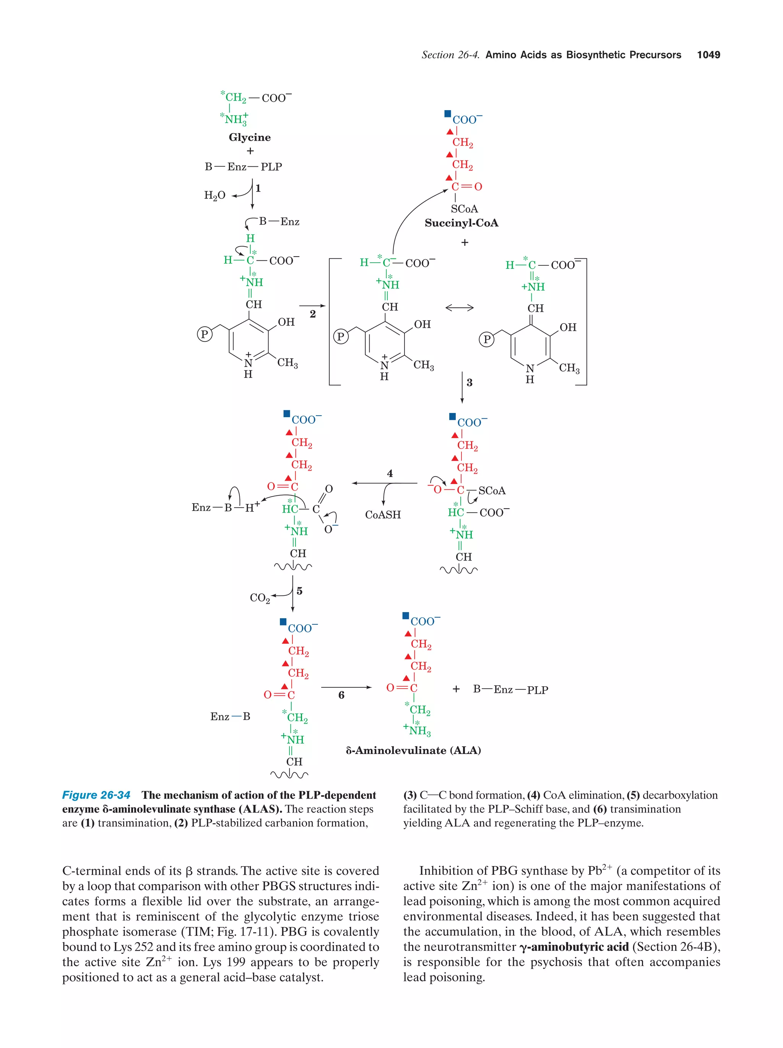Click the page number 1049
708,55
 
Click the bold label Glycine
250,137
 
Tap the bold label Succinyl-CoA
461,223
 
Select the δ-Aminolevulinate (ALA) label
413,751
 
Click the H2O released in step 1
214,196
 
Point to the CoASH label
383,515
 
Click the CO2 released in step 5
260,598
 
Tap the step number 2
313,314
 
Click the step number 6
341,695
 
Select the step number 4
390,473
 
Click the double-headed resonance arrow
459,308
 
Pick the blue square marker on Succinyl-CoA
448,114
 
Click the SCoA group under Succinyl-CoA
464,209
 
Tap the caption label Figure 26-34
96,795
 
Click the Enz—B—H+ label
226,507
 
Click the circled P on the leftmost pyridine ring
204,334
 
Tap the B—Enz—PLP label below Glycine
243,167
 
